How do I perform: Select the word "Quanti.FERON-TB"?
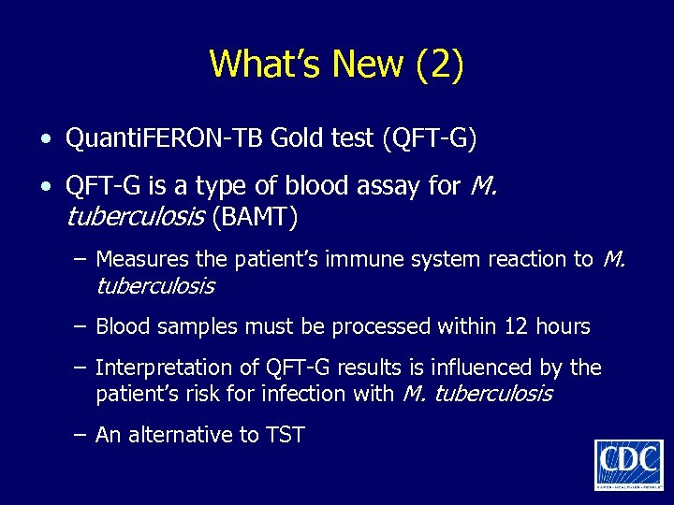click(x=165, y=139)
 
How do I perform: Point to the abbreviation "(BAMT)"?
click(x=254, y=218)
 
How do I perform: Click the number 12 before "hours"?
click(x=517, y=326)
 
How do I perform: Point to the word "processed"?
click(x=387, y=326)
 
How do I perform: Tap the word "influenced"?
click(x=489, y=368)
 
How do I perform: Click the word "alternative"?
click(x=175, y=435)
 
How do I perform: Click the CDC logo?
click(x=628, y=464)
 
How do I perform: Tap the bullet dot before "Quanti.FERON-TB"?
click(x=46, y=141)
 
